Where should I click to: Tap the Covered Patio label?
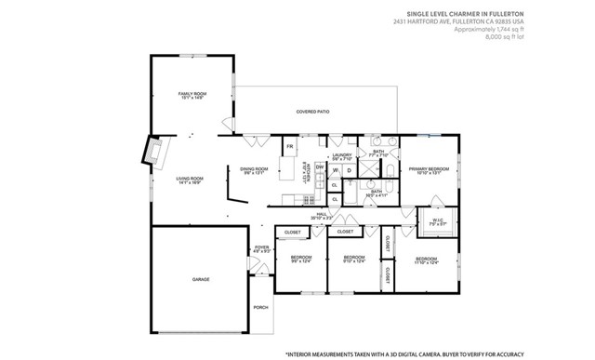tap(312, 112)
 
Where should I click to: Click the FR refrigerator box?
tap(289, 147)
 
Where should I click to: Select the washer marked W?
tap(335, 170)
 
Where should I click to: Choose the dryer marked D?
tap(349, 170)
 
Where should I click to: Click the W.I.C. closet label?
tap(437, 221)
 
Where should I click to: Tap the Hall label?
tap(322, 215)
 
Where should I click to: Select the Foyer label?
tap(261, 249)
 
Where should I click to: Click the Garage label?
tap(200, 279)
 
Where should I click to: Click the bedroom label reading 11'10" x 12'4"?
tap(427, 260)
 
